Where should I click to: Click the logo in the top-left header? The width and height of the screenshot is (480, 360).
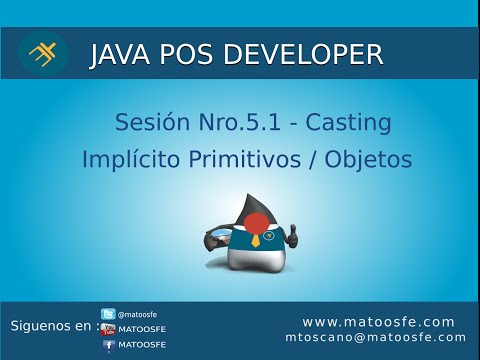coord(43,54)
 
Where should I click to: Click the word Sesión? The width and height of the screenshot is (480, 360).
coord(151,124)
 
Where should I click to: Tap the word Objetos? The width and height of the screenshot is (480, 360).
coord(369,160)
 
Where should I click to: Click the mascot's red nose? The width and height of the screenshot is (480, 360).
coord(255,222)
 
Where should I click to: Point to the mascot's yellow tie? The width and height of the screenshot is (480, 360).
coord(256,240)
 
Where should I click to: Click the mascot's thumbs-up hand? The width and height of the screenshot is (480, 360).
coord(292,237)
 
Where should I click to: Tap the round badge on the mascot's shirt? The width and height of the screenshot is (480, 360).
coord(271,235)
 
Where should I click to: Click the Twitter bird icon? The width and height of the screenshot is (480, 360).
coord(108,314)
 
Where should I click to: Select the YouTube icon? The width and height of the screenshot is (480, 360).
coord(108,329)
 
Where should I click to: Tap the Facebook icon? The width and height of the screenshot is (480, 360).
coord(108,345)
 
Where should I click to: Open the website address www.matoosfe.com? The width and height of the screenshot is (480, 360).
coord(378,322)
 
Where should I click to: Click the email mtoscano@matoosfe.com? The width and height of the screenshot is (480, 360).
coord(375,338)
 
